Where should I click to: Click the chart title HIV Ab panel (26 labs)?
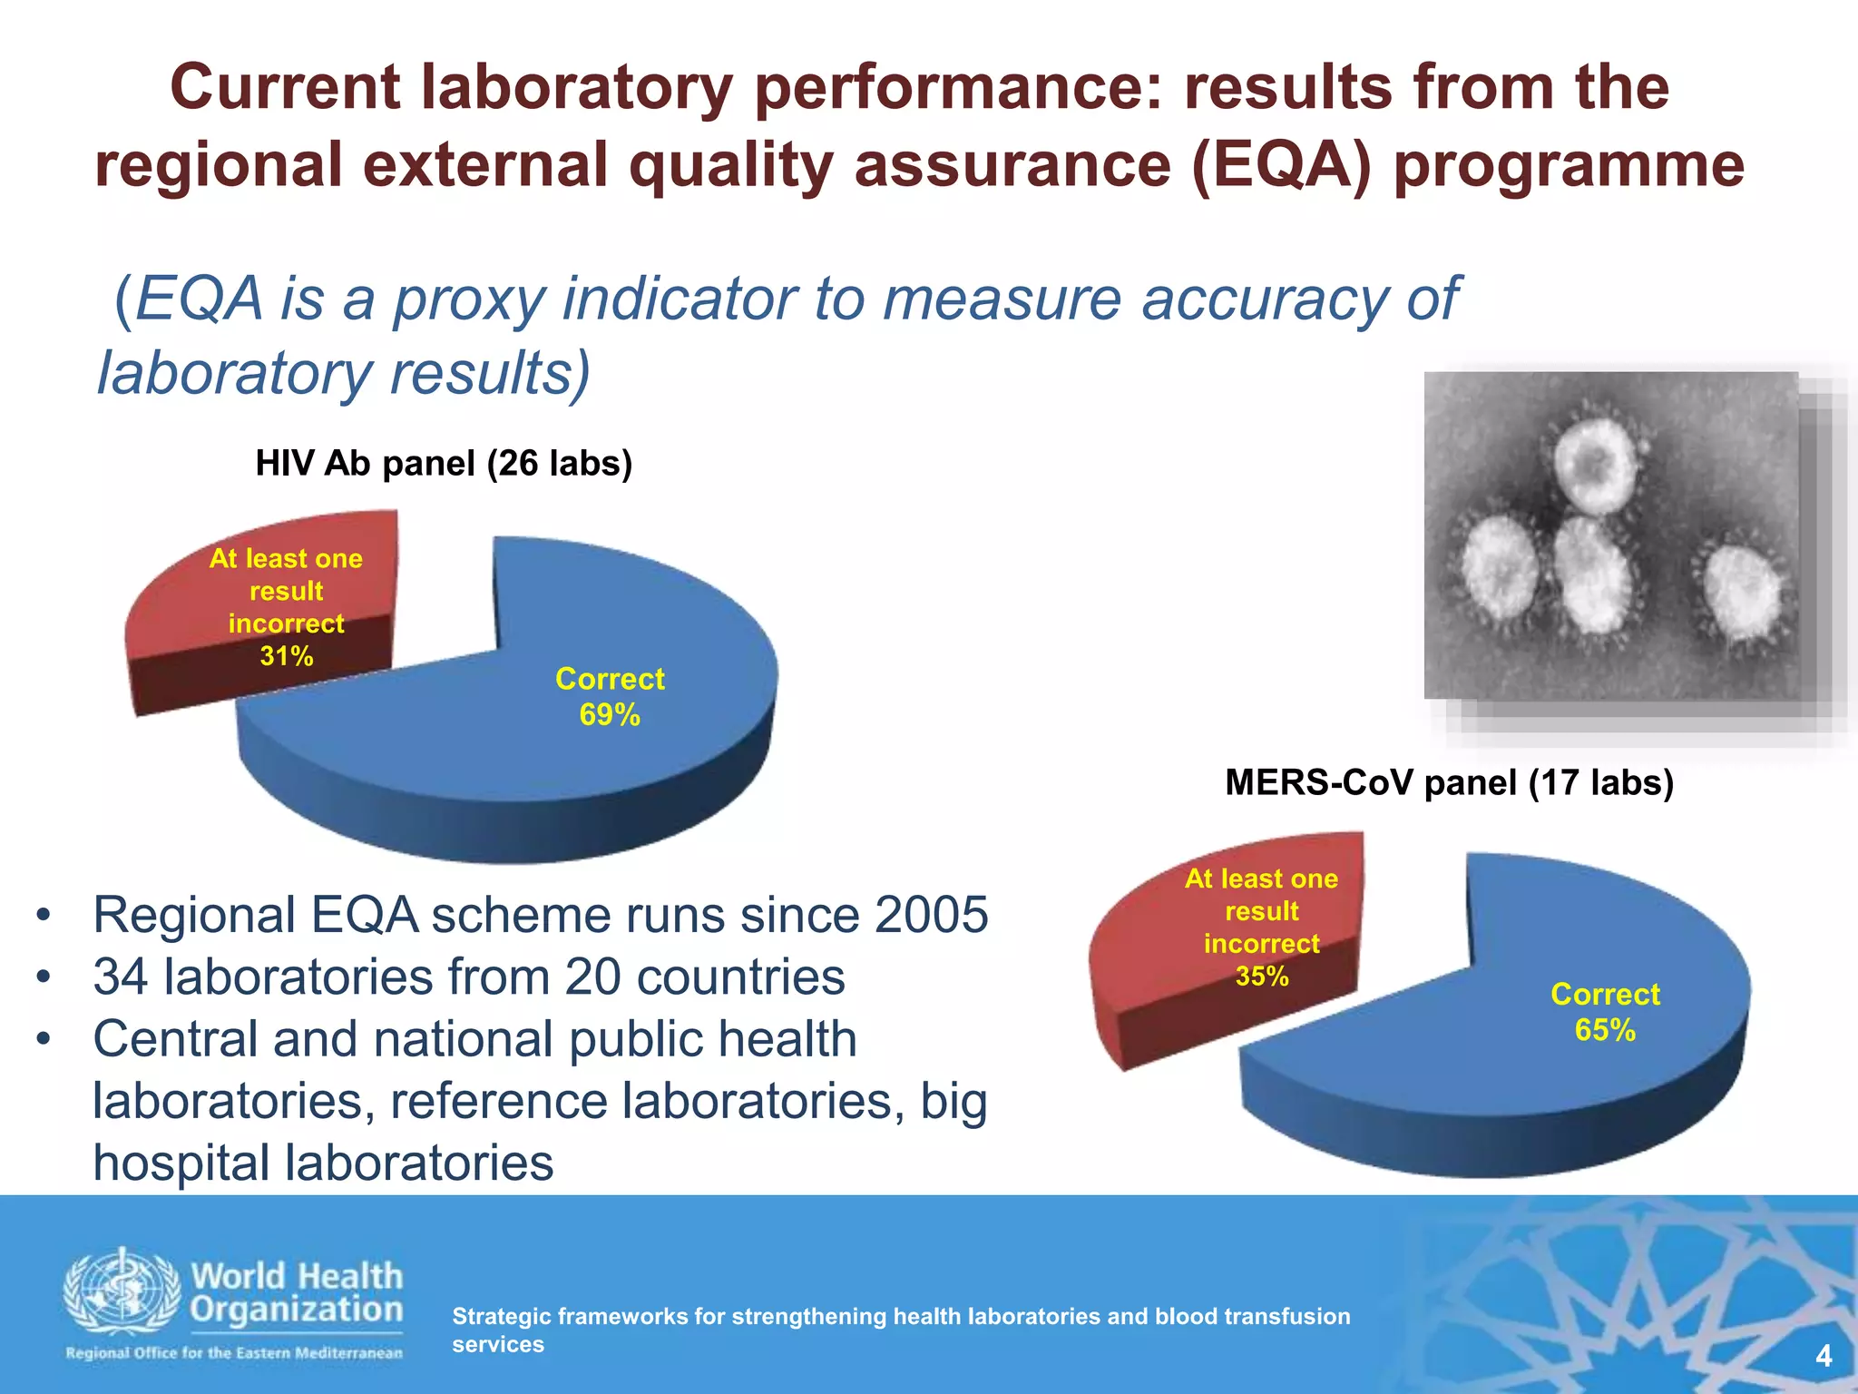(444, 464)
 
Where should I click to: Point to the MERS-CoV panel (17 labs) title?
(1449, 782)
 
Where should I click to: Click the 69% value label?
(610, 716)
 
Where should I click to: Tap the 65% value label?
(1605, 1031)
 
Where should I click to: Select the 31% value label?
(287, 656)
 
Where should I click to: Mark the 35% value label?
(1262, 977)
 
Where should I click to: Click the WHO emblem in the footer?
(122, 1294)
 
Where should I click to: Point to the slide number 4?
(1824, 1357)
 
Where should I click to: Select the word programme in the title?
(1569, 166)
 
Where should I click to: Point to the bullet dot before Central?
(43, 1039)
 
